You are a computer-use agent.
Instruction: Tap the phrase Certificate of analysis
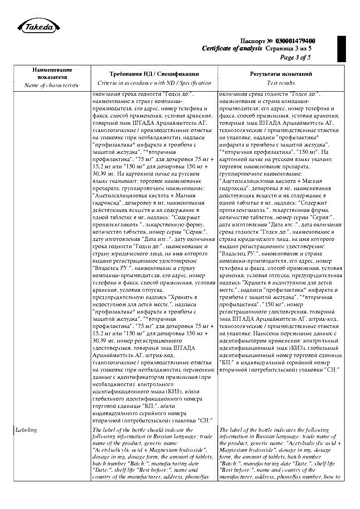coord(232,49)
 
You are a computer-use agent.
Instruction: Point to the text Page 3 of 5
coord(295,57)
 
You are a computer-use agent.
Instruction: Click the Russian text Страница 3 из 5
coord(288,49)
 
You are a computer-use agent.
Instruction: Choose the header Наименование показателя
coord(52,73)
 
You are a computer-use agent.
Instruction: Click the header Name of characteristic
coord(52,85)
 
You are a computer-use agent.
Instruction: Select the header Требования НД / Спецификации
coord(154,73)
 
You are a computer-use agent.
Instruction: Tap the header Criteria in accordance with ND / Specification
coord(154,83)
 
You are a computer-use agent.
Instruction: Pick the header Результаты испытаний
coord(281,73)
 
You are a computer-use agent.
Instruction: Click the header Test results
coord(281,83)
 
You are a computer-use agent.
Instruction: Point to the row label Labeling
coord(26,430)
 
